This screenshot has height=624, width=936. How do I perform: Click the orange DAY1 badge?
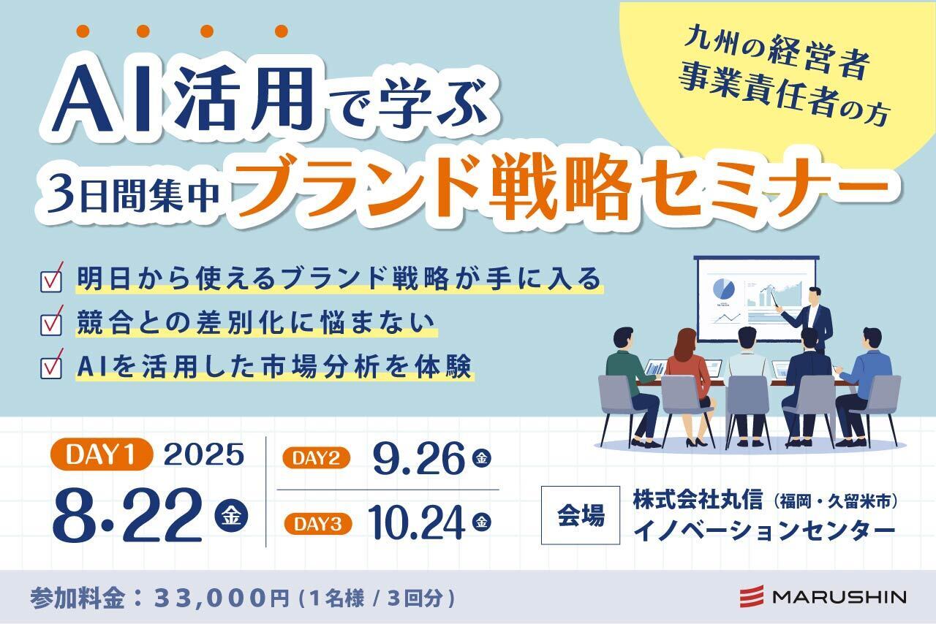point(102,454)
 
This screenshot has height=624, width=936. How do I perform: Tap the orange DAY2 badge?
point(316,458)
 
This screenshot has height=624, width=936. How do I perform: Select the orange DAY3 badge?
point(318,524)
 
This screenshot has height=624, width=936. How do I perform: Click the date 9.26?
point(418,459)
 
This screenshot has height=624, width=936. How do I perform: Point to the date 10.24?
point(416,523)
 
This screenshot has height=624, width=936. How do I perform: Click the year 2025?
point(204,454)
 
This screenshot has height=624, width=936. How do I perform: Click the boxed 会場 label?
point(581,515)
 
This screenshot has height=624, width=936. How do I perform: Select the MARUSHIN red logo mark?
point(751,596)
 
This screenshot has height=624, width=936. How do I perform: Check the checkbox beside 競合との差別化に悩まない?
point(51,322)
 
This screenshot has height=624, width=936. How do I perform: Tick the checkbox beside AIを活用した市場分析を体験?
point(51,365)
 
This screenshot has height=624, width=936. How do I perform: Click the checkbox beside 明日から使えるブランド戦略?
point(51,278)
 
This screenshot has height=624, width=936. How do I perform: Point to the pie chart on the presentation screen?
point(723,289)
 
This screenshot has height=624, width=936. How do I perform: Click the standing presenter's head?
point(814,296)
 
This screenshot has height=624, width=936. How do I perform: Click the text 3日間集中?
point(134,194)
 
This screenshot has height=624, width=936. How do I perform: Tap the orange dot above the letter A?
point(83,31)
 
